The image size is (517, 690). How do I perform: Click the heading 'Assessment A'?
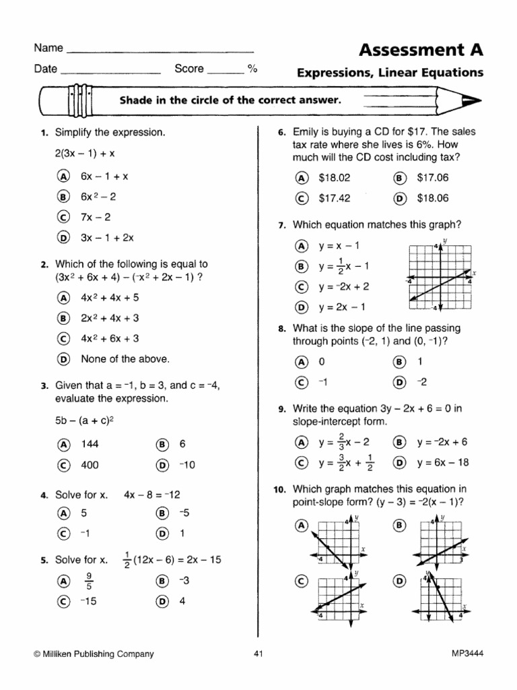(x=421, y=50)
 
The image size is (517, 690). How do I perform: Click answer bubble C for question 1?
(x=64, y=217)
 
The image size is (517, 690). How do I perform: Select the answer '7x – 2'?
(x=96, y=217)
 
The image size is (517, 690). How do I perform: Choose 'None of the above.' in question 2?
(x=125, y=359)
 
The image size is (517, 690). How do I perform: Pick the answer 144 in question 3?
(x=90, y=444)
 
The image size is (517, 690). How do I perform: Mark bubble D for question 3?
(x=162, y=465)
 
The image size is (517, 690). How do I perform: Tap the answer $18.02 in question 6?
(x=335, y=178)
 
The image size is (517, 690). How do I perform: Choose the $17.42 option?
(x=335, y=199)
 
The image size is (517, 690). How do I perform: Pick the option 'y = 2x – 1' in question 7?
(x=335, y=307)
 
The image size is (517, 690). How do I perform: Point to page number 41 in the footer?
(x=258, y=653)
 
